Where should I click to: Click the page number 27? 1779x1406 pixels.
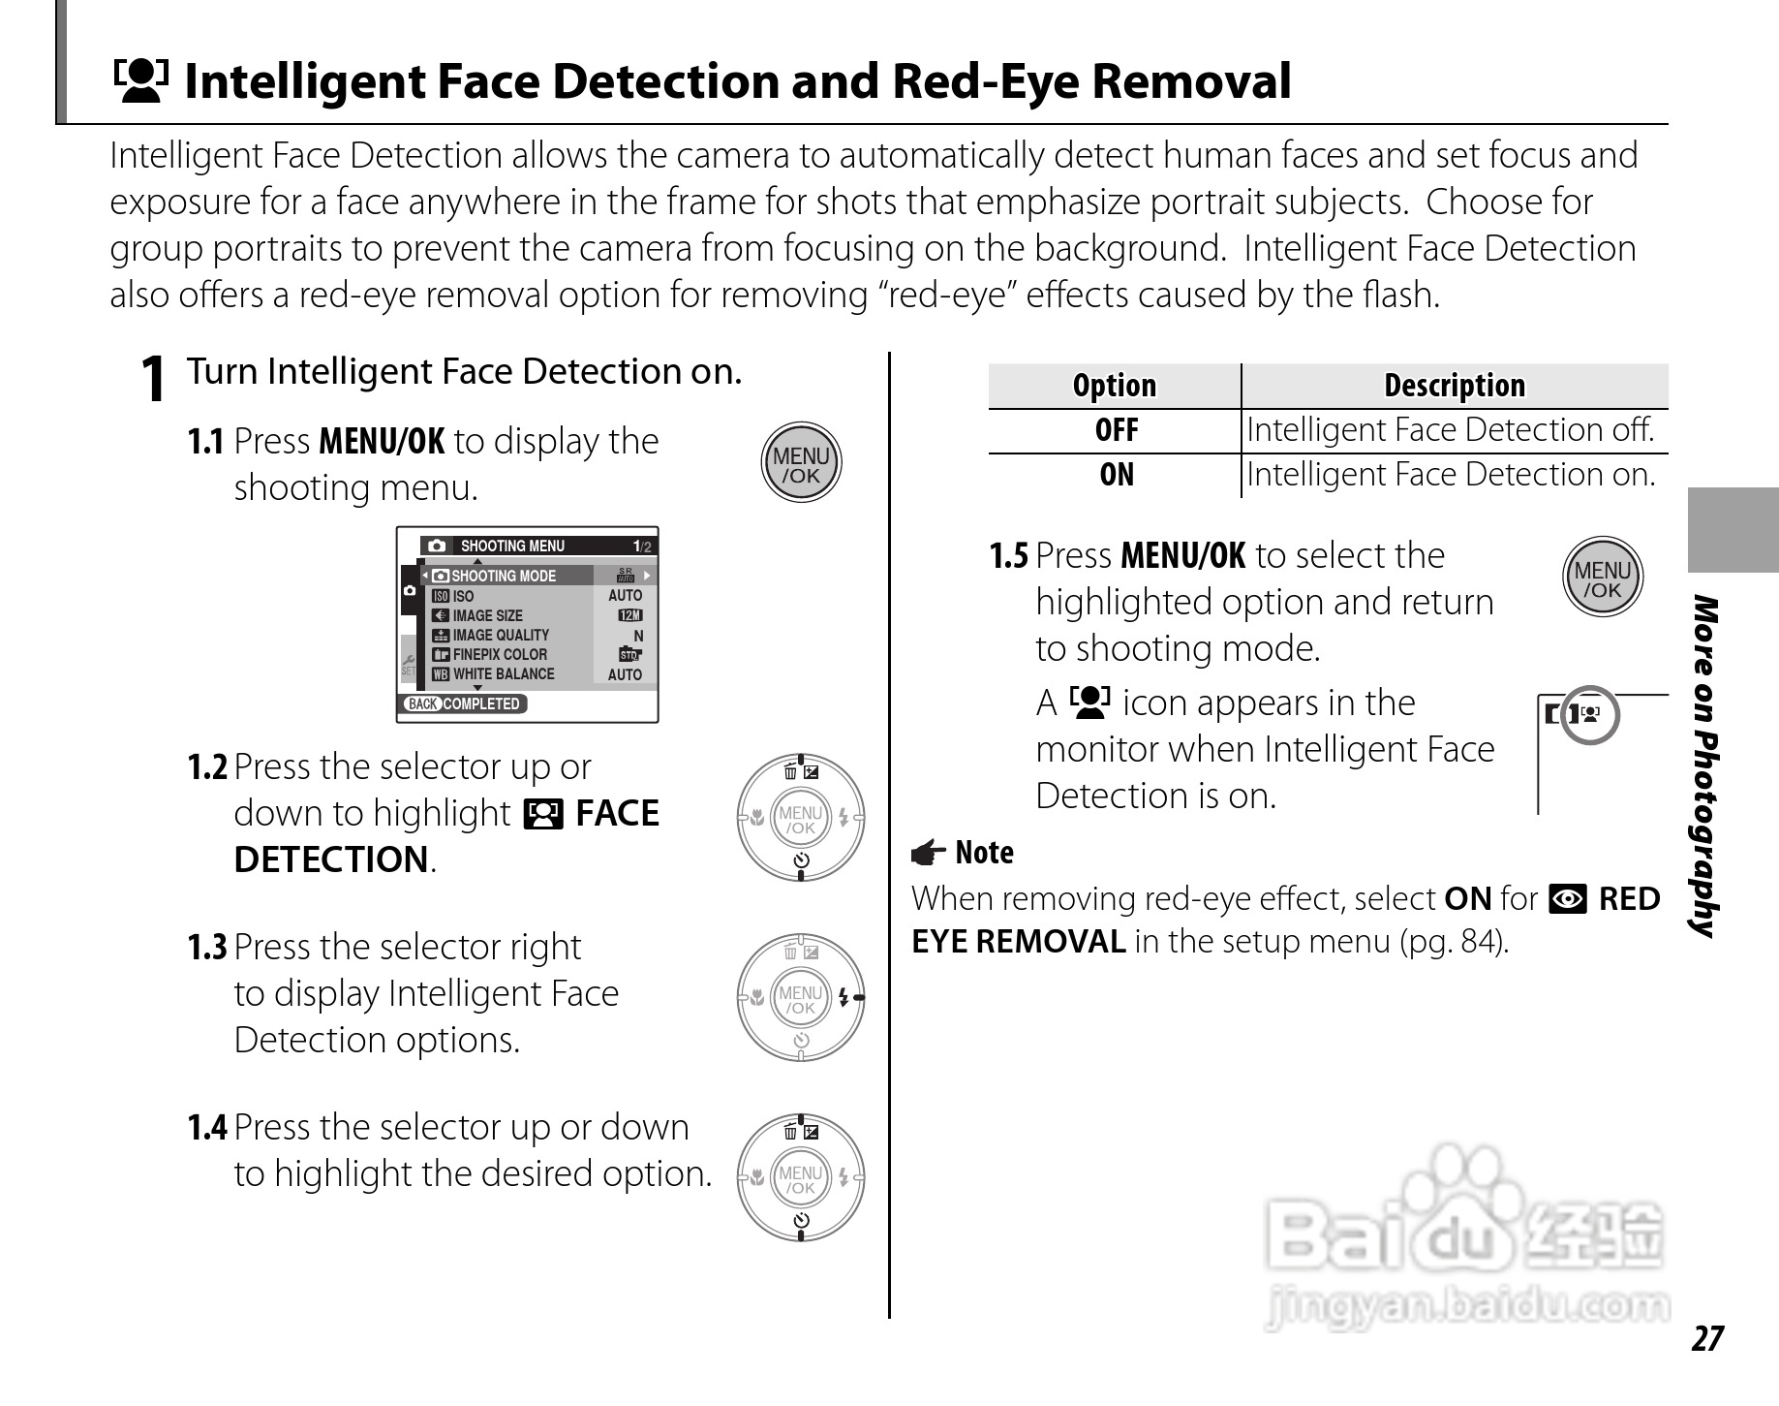(x=1707, y=1338)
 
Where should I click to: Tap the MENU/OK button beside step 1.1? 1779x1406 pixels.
(x=801, y=464)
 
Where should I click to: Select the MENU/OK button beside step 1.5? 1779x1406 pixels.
(x=1603, y=578)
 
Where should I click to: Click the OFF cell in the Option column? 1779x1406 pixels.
(x=1116, y=430)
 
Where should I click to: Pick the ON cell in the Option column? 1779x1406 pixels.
(x=1116, y=475)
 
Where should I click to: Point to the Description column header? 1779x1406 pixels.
(x=1454, y=386)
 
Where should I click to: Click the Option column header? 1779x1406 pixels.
(x=1114, y=386)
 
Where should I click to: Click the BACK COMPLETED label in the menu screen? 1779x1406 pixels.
(x=464, y=704)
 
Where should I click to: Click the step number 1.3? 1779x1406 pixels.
(x=206, y=947)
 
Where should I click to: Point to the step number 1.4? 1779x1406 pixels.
(x=206, y=1127)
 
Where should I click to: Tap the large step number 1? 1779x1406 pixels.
(x=152, y=379)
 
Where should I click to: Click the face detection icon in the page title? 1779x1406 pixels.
(x=140, y=80)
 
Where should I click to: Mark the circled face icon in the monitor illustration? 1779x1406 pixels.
(x=1590, y=715)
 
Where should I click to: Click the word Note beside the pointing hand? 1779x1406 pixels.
(x=984, y=853)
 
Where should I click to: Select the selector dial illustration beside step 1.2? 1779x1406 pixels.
(x=801, y=818)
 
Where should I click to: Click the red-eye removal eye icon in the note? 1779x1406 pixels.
(x=1567, y=900)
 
